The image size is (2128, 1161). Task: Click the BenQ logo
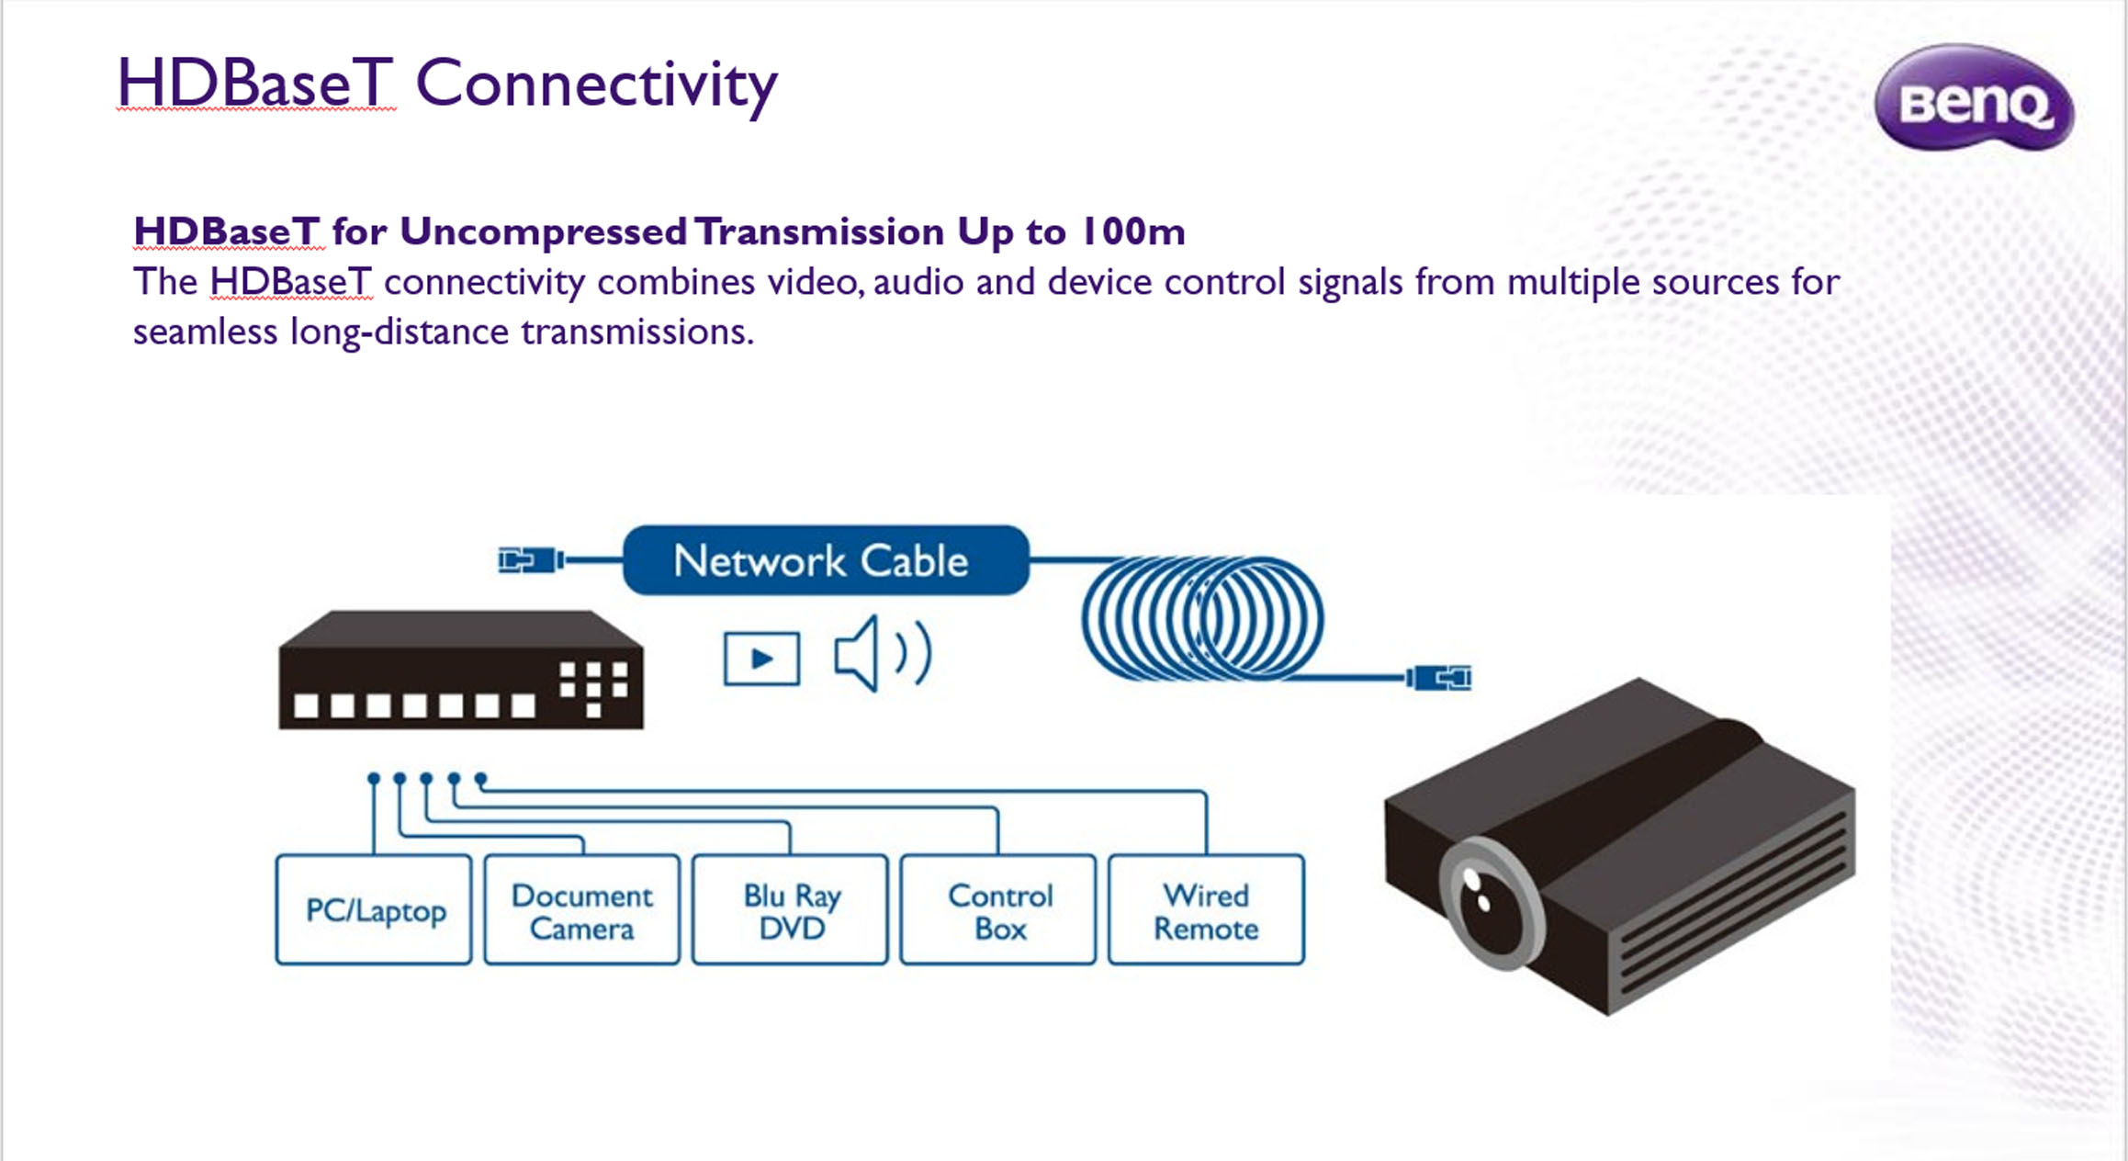point(1974,97)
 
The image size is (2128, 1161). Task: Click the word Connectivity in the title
point(597,85)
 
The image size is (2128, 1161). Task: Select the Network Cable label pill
point(826,560)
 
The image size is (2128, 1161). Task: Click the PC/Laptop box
point(374,909)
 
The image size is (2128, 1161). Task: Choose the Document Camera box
point(582,909)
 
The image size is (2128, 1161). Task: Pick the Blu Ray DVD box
point(791,909)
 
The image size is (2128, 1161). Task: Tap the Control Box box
point(998,909)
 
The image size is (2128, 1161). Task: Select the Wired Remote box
point(1207,909)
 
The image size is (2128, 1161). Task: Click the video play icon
point(761,659)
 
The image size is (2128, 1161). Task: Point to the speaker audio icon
point(883,653)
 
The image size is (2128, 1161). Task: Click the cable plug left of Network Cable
point(531,559)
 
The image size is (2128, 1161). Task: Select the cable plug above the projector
point(1438,678)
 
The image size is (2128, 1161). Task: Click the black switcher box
point(461,670)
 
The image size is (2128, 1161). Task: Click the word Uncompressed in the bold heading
point(544,231)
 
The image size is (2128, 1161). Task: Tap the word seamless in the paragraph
point(205,332)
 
